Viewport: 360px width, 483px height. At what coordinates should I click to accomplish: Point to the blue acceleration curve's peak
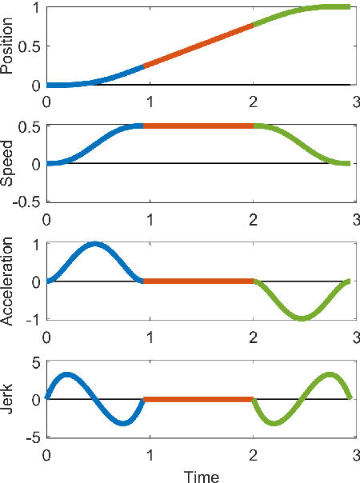tap(95, 244)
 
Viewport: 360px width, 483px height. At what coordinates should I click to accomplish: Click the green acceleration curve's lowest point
tap(302, 318)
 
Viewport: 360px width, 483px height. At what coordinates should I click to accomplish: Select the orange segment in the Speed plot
tap(198, 126)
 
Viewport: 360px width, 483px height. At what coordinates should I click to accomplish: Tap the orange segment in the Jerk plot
tap(198, 399)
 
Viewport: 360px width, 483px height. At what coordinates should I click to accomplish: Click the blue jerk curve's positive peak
tap(67, 373)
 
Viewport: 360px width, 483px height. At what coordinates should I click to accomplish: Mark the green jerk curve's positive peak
tap(330, 373)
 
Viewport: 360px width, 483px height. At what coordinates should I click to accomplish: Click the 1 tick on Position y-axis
tap(37, 7)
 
